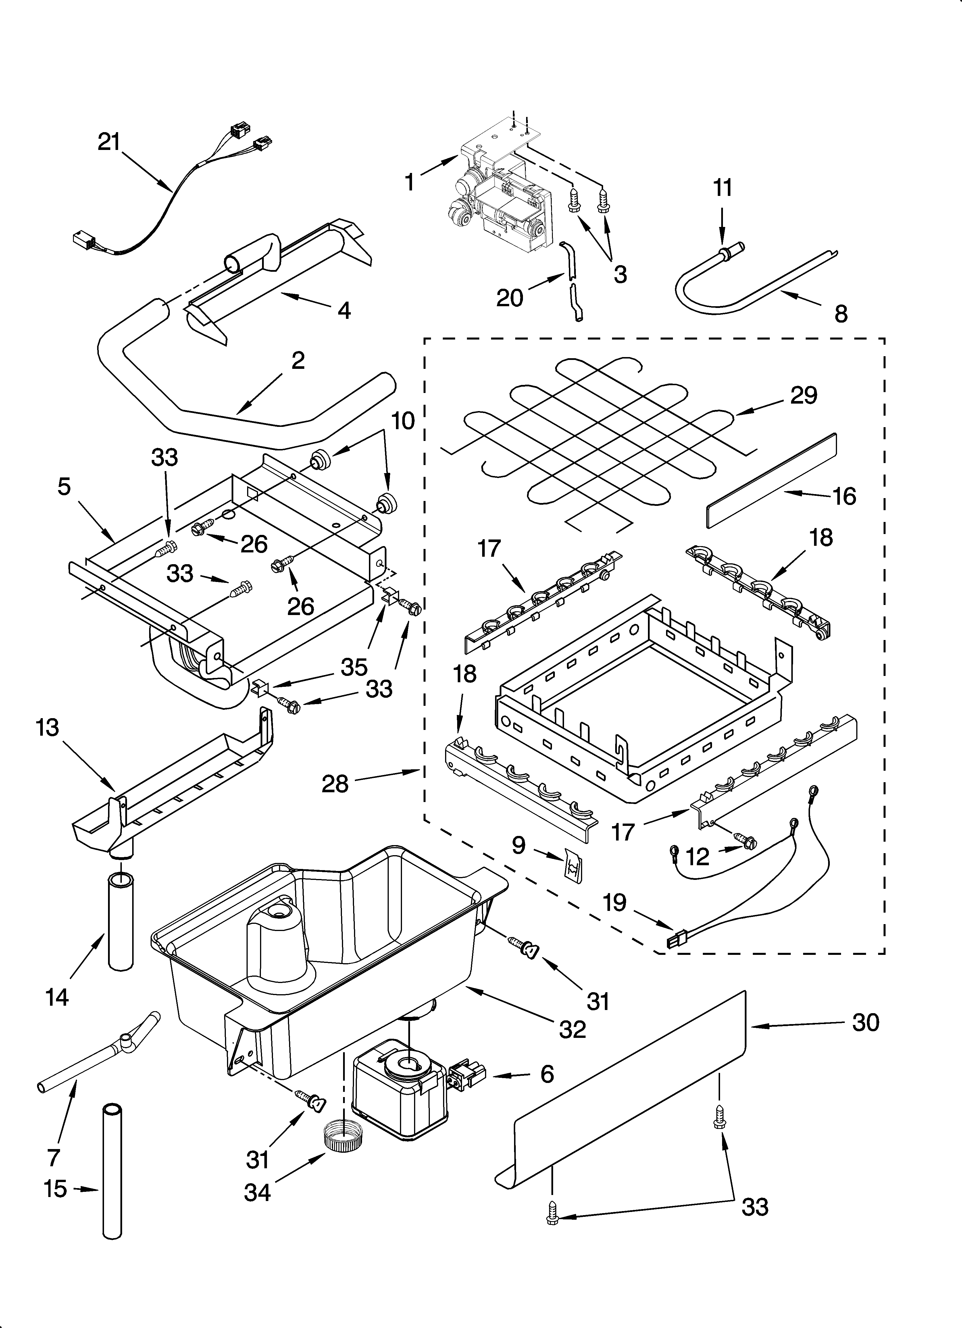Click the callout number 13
point(47,728)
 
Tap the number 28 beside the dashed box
point(335,783)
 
